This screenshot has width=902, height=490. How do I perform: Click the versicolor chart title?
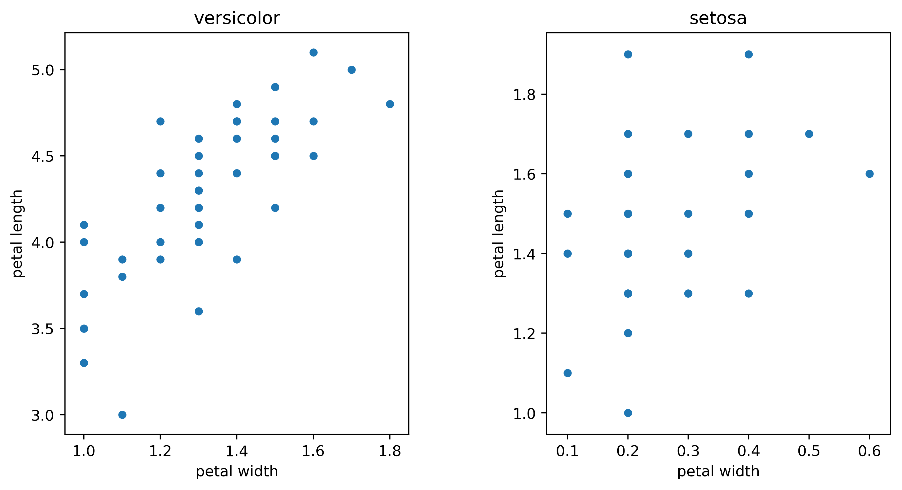click(237, 18)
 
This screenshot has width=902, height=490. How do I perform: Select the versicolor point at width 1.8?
click(390, 104)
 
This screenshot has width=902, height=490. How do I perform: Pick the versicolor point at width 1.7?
click(352, 70)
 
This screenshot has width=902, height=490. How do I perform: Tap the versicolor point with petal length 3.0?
click(122, 415)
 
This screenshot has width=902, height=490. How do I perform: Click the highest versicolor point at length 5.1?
click(313, 52)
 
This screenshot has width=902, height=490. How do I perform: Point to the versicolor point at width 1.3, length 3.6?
click(199, 311)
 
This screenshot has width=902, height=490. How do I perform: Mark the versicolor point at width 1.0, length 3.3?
click(84, 363)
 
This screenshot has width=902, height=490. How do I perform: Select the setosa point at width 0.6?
click(870, 174)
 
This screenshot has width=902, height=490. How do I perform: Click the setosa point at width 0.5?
click(809, 134)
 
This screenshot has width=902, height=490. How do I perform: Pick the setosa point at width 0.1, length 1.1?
click(568, 373)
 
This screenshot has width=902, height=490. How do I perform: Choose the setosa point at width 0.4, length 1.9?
click(749, 54)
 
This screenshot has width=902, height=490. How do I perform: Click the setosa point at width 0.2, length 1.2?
click(628, 333)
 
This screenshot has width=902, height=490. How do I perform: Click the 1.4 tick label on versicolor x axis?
click(236, 451)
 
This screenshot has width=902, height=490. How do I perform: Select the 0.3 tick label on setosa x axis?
click(688, 451)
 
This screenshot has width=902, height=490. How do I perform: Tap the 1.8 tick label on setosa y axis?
click(524, 95)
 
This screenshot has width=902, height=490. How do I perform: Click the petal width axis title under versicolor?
click(237, 471)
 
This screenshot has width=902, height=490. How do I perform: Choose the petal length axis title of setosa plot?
click(499, 234)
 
